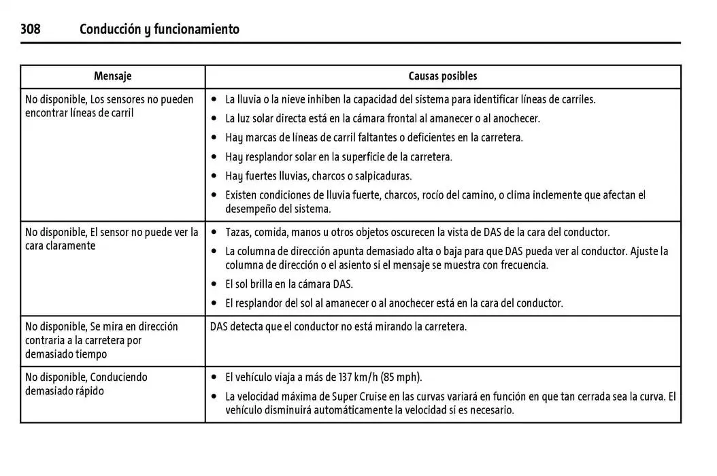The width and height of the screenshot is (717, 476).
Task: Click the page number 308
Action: pyautogui.click(x=30, y=29)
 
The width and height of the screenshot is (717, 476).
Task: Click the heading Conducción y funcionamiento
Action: pyautogui.click(x=159, y=29)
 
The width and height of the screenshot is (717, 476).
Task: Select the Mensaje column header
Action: pyautogui.click(x=113, y=76)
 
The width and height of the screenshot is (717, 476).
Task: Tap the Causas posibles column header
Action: pyautogui.click(x=442, y=76)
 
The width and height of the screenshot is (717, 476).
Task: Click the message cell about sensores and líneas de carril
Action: pyautogui.click(x=109, y=106)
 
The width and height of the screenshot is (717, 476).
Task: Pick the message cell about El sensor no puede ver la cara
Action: pyautogui.click(x=112, y=239)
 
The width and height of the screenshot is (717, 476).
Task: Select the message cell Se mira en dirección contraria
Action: pyautogui.click(x=101, y=340)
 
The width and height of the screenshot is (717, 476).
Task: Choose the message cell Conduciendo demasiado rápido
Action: pyautogui.click(x=86, y=384)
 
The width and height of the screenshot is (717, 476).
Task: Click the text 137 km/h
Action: pyautogui.click(x=357, y=377)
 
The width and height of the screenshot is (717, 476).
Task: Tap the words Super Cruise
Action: pyautogui.click(x=354, y=396)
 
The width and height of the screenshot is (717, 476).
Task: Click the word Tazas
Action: pyautogui.click(x=237, y=233)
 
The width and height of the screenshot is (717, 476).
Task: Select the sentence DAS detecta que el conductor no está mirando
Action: pyautogui.click(x=338, y=326)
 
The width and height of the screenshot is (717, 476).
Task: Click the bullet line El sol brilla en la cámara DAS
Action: pyautogui.click(x=289, y=284)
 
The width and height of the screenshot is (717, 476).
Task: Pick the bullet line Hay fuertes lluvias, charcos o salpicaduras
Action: pyautogui.click(x=318, y=176)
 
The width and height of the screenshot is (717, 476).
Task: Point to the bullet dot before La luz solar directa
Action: pyautogui.click(x=214, y=119)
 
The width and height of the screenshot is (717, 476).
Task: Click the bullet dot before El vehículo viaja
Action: pyautogui.click(x=214, y=377)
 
